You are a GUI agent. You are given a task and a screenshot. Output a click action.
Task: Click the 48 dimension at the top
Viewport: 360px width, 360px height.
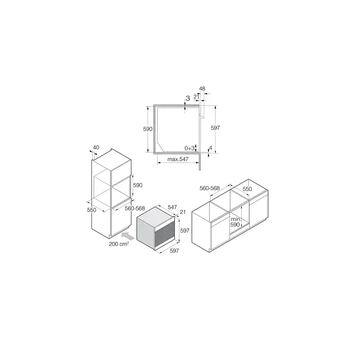coord(202,88)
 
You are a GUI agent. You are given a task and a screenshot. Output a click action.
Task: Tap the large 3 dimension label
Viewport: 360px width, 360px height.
coord(188,99)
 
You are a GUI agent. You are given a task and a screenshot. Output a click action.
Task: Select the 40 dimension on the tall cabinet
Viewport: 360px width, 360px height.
coord(96,148)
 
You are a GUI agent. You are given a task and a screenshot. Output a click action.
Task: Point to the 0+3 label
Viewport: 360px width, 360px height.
coord(189,148)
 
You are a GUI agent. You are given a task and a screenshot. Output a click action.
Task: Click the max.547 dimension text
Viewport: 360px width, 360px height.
coord(178,159)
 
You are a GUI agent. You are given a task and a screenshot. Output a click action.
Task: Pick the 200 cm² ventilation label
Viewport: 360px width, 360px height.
coord(119,244)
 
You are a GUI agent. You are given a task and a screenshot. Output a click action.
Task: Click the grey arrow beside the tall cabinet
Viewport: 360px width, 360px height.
coord(128,236)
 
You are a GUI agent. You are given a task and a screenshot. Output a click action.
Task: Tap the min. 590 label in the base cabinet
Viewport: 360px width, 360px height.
coord(235,222)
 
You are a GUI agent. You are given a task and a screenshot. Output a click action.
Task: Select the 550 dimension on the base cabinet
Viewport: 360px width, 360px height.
coord(247,189)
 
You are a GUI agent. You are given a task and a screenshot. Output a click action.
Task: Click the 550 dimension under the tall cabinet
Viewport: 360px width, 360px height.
coord(92,210)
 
